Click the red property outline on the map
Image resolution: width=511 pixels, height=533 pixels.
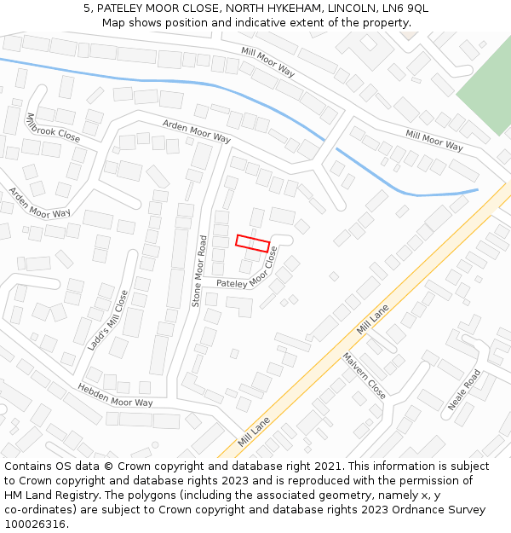(x=252, y=242)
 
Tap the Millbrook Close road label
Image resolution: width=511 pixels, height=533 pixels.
(x=53, y=127)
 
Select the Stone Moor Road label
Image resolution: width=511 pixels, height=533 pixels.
(x=198, y=270)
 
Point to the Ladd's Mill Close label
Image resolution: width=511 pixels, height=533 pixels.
(x=108, y=321)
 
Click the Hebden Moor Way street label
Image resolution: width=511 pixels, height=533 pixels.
(x=115, y=396)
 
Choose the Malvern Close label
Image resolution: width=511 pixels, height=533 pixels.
(x=365, y=375)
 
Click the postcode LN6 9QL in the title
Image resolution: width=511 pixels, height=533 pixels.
(x=405, y=9)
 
